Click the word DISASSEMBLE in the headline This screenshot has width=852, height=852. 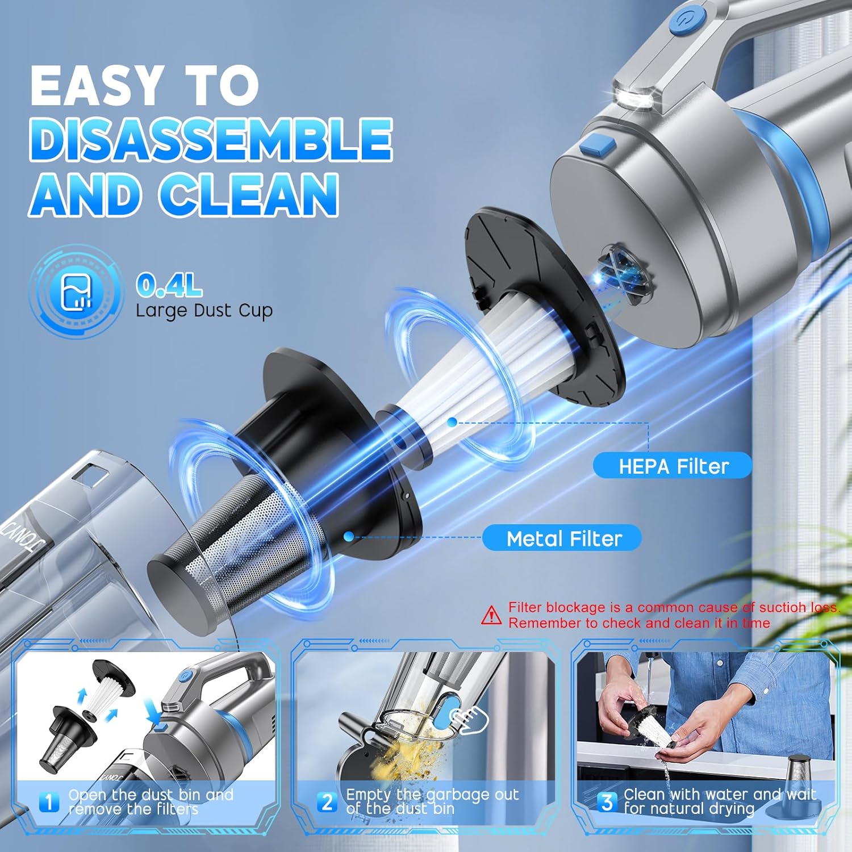210,140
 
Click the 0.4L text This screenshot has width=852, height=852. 169,285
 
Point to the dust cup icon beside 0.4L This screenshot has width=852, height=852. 76,292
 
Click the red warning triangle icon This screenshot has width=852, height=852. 491,615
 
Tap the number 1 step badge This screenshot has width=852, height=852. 49,802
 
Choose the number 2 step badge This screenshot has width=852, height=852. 327,802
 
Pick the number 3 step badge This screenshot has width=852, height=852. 607,802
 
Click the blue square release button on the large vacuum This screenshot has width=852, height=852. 598,145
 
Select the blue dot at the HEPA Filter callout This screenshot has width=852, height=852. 452,422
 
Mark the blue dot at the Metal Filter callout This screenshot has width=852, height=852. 349,536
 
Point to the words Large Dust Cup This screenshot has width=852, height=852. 204,311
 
